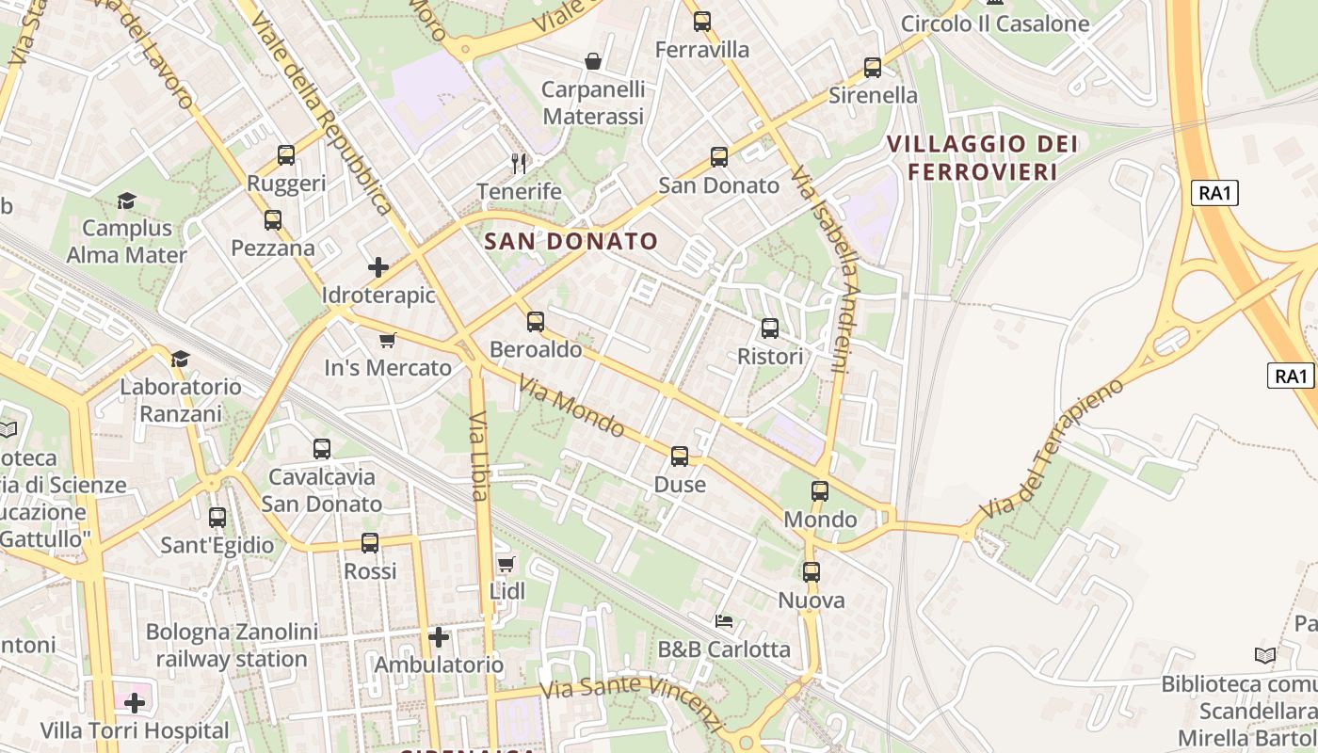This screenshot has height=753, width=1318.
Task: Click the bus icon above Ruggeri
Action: coord(286,155)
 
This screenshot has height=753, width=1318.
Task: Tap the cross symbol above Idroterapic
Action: coord(378,267)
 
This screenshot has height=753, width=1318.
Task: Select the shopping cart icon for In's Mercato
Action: coord(387,340)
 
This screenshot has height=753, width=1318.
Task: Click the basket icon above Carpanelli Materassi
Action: coord(593,62)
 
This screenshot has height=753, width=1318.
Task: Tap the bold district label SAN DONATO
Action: coord(571,241)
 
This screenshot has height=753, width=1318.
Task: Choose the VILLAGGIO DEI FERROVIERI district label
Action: coord(983,158)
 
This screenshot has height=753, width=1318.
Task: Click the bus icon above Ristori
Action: coord(770,328)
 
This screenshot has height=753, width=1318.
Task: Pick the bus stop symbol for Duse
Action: coord(680,457)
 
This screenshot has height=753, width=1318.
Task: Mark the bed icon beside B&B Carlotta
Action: coord(724,621)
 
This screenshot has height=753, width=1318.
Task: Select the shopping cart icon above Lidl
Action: coord(506,564)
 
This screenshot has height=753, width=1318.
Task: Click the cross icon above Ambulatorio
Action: coord(439,637)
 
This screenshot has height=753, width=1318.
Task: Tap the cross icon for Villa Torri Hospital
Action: coord(135,702)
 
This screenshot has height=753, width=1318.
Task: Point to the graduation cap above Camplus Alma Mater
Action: coord(126,200)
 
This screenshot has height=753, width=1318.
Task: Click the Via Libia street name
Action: coord(478,457)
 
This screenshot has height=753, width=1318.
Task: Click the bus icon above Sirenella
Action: coord(873,68)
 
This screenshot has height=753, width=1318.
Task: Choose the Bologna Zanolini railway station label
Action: coord(232,646)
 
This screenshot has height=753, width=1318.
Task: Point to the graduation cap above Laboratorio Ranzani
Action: coord(180,359)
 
